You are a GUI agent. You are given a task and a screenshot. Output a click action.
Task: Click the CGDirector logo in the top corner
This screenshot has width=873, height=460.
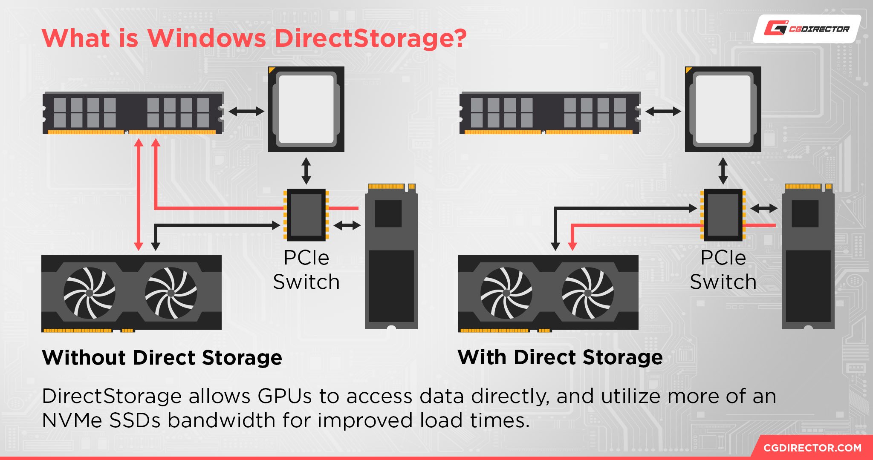click(807, 29)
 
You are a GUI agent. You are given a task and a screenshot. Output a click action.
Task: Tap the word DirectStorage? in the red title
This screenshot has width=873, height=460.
click(371, 39)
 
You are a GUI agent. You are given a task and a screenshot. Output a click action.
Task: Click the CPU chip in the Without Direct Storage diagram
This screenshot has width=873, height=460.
click(306, 109)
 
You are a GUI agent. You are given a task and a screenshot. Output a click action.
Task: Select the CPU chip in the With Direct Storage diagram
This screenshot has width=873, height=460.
click(723, 109)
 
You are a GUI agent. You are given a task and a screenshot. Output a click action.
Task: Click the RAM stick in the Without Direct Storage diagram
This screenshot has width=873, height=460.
click(133, 113)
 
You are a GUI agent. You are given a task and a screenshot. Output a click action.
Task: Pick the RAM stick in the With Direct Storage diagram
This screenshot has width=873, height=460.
click(550, 113)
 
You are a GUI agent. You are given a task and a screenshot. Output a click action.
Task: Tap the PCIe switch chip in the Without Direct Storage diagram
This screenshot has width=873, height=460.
click(306, 215)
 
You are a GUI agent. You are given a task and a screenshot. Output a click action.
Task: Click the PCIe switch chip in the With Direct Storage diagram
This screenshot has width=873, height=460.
click(723, 215)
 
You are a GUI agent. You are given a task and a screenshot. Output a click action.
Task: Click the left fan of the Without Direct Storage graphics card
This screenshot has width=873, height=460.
click(90, 293)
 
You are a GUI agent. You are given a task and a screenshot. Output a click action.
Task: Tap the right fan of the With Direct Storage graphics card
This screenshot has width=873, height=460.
click(588, 293)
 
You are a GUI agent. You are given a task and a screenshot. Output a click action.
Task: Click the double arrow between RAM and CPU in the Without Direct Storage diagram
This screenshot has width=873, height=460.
click(246, 112)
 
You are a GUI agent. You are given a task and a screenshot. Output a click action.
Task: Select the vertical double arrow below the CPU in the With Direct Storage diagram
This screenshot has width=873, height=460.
click(723, 170)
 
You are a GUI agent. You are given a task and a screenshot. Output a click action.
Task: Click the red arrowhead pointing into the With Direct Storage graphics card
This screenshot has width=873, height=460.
click(572, 246)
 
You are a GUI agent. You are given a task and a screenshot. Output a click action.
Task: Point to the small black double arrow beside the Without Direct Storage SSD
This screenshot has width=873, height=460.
click(347, 225)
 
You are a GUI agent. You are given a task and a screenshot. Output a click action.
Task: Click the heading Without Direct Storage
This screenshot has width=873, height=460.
click(162, 358)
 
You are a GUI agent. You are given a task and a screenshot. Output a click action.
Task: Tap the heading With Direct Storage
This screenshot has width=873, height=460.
click(560, 357)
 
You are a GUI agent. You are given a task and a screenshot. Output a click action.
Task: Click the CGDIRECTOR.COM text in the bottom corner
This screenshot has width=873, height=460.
click(812, 448)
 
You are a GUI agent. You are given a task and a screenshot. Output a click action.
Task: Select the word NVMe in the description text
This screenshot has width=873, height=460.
click(72, 421)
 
